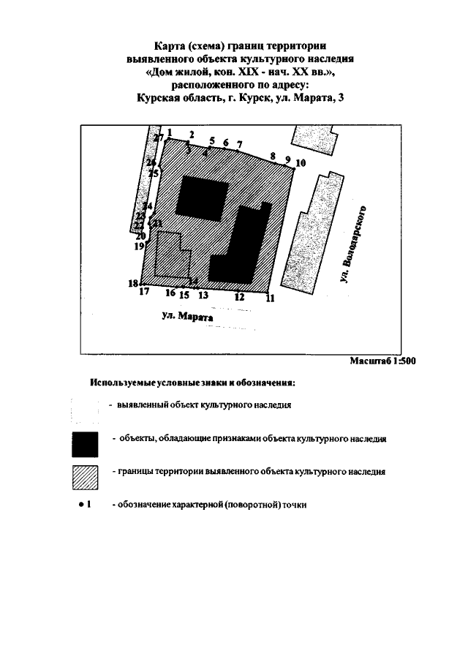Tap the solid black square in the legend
[x=85, y=443]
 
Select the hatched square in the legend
[x=85, y=476]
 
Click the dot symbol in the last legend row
[x=79, y=505]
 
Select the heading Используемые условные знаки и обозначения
[x=192, y=383]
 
